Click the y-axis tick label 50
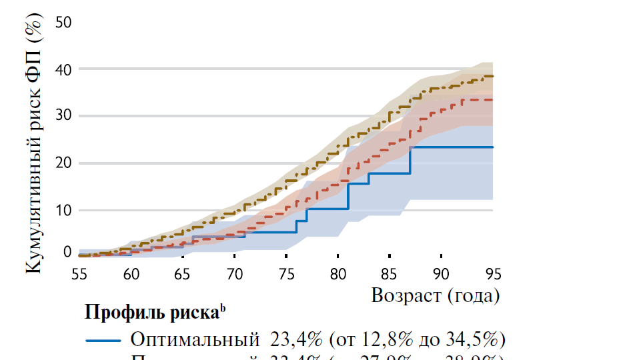pyautogui.click(x=63, y=22)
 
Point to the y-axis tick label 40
pyautogui.click(x=63, y=69)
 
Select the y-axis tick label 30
pyautogui.click(x=63, y=116)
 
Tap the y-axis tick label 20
pyautogui.click(x=63, y=163)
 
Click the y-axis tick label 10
pyautogui.click(x=63, y=210)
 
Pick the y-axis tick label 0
pyautogui.click(x=67, y=252)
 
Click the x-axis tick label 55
pyautogui.click(x=80, y=273)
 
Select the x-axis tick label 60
pyautogui.click(x=131, y=273)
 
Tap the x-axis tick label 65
pyautogui.click(x=183, y=273)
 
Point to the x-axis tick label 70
pyautogui.click(x=235, y=273)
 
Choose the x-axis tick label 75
pyautogui.click(x=286, y=273)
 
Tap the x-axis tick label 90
pyautogui.click(x=441, y=273)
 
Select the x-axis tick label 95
pyautogui.click(x=492, y=273)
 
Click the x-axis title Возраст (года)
pyautogui.click(x=435, y=295)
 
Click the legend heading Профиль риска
pyautogui.click(x=153, y=312)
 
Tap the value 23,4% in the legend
pyautogui.click(x=297, y=340)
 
